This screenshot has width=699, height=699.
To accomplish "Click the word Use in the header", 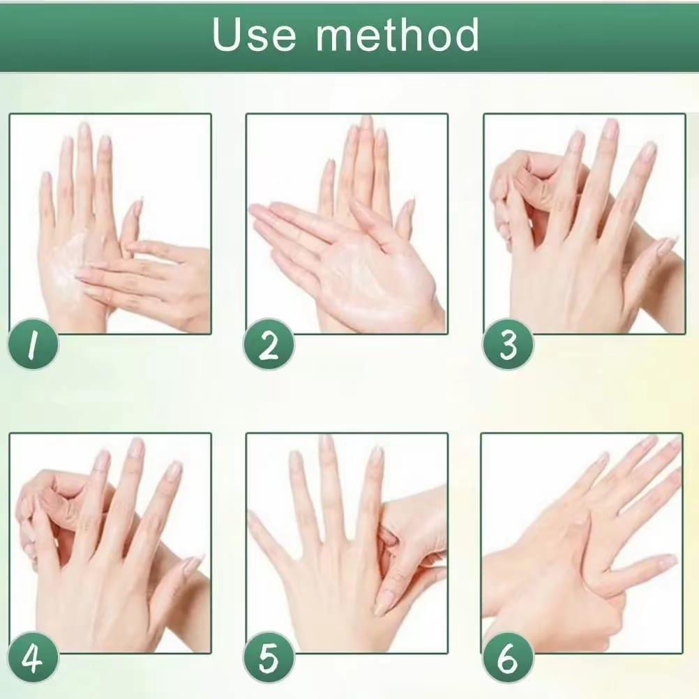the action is [254, 35].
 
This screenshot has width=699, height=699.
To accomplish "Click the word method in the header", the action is [397, 34].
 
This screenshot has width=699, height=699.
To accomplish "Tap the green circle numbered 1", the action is [33, 344].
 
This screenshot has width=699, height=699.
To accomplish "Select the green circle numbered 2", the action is [269, 344].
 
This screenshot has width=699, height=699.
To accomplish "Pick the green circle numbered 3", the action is [509, 344].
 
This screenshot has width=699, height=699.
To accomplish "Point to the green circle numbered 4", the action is [33, 658].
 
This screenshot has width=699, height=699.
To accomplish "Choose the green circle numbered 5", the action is [269, 658].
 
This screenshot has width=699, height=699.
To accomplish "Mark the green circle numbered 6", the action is [509, 658].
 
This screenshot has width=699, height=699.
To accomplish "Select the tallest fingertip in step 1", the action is [84, 129].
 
